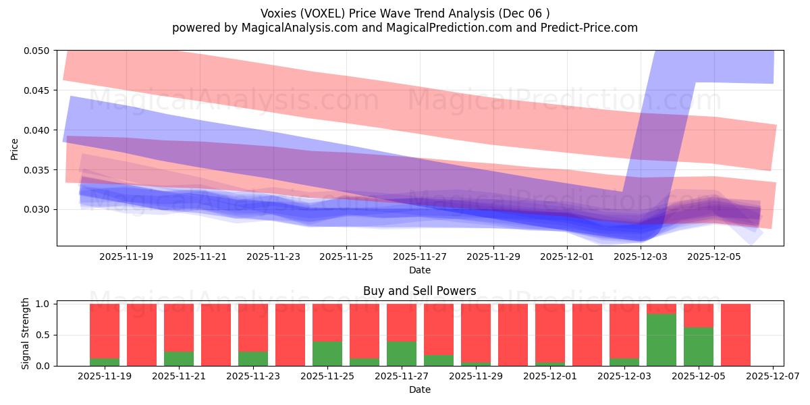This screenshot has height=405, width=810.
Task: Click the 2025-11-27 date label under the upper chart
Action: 420,257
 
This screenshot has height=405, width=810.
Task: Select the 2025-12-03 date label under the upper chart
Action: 641,257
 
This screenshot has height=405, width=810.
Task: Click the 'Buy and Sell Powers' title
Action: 419,292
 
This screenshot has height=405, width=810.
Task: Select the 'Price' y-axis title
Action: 15,148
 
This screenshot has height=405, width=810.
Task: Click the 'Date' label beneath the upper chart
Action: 419,270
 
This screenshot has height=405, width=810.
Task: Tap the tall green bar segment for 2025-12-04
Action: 661,340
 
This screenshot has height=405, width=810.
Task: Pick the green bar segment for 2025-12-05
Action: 699,346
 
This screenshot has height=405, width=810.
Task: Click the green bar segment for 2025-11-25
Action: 327,354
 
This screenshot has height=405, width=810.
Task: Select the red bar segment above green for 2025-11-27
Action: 402,323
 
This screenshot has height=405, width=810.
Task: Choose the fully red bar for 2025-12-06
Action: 736,335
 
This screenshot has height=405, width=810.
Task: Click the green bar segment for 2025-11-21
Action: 179,359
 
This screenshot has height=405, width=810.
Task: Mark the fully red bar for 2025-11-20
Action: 142,335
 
